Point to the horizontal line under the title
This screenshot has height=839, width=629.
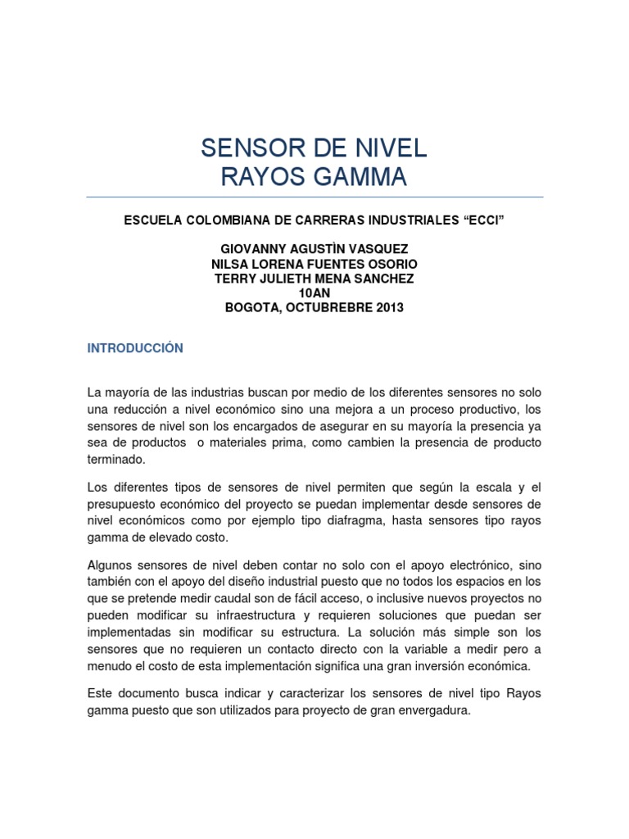314,197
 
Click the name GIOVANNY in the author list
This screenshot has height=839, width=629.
256,249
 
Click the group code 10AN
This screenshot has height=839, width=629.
314,293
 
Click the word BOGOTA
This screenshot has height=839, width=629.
251,308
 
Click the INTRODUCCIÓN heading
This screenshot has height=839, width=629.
135,348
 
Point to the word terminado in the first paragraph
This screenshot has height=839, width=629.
116,460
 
